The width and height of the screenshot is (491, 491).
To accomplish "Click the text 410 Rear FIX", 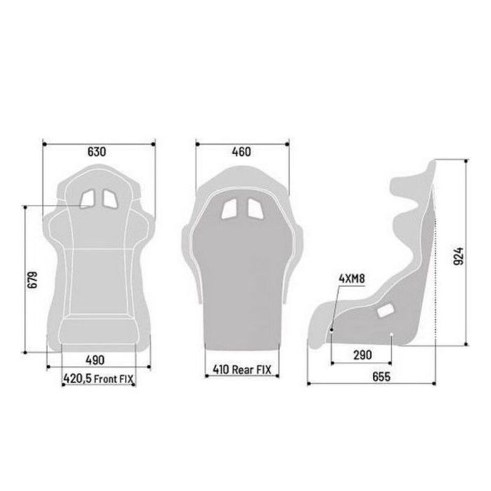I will (241, 368).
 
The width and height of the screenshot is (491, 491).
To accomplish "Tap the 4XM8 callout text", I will (352, 278).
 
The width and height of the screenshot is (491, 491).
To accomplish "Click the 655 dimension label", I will (380, 377).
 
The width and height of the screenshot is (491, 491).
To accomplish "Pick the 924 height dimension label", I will (458, 259).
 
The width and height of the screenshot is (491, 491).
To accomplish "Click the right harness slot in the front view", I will (109, 199).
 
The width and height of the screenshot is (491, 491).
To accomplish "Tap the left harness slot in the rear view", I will (229, 209).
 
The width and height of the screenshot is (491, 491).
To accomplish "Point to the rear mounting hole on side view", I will (390, 335).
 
